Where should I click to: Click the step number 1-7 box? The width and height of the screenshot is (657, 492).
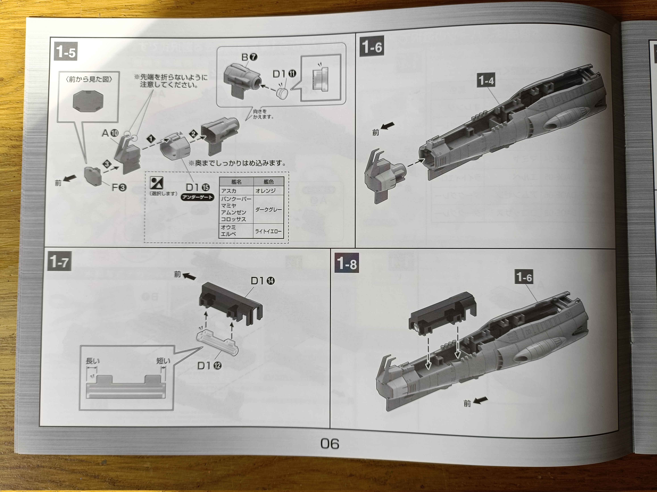59,262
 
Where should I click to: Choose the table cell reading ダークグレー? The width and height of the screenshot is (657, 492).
268,209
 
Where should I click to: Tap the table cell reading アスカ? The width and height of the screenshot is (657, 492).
229,191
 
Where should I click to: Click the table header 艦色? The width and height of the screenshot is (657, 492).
268,181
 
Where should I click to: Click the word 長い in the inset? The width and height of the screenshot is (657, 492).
93,361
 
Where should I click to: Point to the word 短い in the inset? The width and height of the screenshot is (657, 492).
163,361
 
